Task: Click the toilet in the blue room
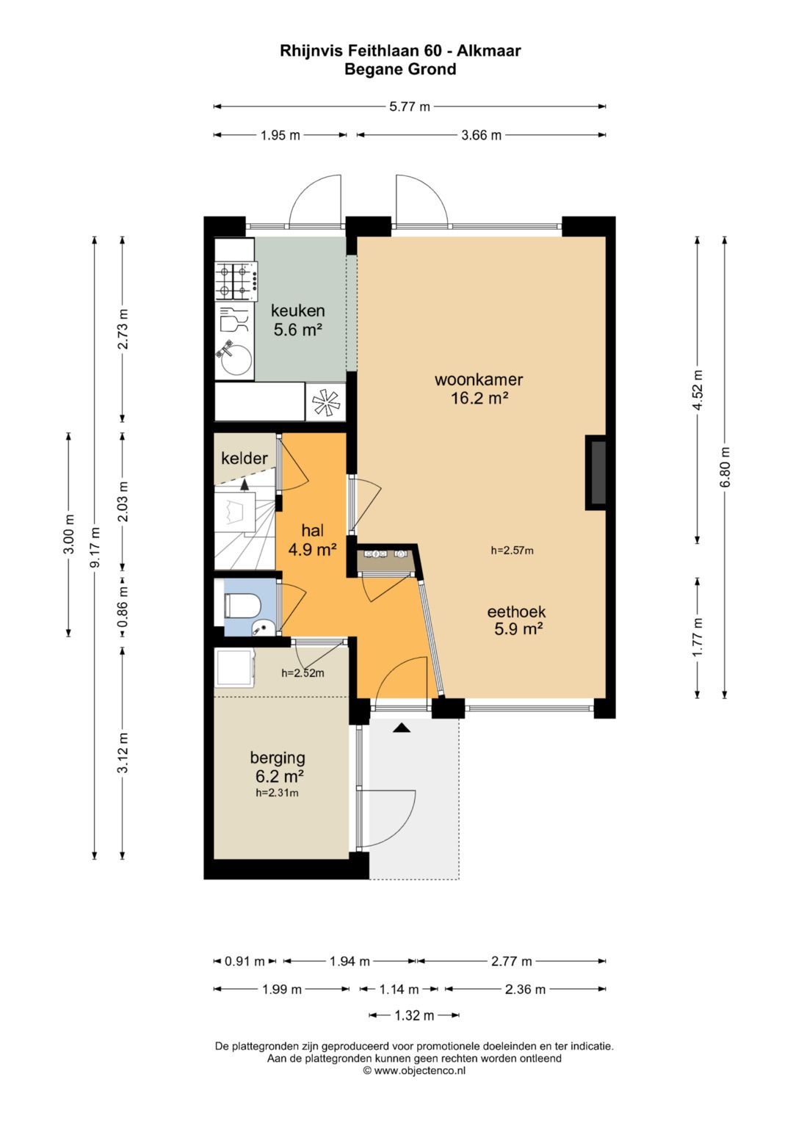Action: tap(242, 606)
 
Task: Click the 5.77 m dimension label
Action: tap(410, 106)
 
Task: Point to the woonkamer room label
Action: tap(479, 380)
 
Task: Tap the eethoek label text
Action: tap(516, 611)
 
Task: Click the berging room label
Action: tap(278, 758)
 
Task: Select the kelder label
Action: tap(245, 458)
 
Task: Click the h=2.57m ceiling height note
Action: tap(512, 551)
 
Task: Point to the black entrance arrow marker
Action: tap(402, 728)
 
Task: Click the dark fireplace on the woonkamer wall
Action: tap(595, 473)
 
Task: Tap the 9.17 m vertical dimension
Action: tap(95, 547)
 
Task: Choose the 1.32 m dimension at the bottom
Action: tap(414, 1015)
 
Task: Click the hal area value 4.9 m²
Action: tap(312, 550)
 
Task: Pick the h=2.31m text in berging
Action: tap(277, 793)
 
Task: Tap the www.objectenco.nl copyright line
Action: tap(414, 1071)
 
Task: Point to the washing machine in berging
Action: tap(235, 669)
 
